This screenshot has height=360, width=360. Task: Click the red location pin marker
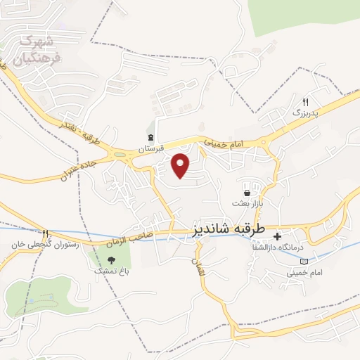181,165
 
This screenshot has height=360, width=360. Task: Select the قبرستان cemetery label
150,148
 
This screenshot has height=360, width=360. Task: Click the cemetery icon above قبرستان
150,137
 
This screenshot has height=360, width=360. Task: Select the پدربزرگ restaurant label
306,112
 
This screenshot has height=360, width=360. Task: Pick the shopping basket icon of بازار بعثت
247,193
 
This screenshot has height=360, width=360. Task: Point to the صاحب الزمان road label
129,241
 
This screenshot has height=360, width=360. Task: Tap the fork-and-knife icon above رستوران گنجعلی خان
44,233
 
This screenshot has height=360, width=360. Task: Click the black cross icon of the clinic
277,236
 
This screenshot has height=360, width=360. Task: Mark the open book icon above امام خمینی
304,262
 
